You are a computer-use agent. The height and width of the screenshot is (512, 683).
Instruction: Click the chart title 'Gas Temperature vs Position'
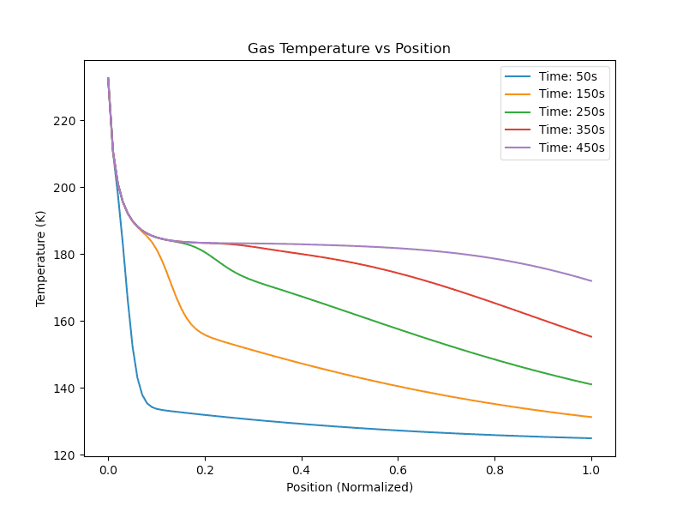coord(349,49)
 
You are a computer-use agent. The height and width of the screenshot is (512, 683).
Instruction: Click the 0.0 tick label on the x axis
coord(108,470)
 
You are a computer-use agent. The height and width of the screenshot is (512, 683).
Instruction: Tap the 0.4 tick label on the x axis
coord(302,470)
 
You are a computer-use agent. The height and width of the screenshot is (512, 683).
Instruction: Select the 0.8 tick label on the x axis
coord(494,470)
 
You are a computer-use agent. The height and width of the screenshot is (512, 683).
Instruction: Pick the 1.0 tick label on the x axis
coord(591,470)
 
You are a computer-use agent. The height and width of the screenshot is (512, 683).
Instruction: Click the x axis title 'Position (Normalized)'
coord(350,488)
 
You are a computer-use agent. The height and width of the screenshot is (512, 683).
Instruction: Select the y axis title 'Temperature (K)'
coord(40,258)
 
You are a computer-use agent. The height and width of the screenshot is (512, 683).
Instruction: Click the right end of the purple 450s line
coord(591,281)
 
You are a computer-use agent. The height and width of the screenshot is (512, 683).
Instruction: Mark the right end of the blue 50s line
coord(591,438)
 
